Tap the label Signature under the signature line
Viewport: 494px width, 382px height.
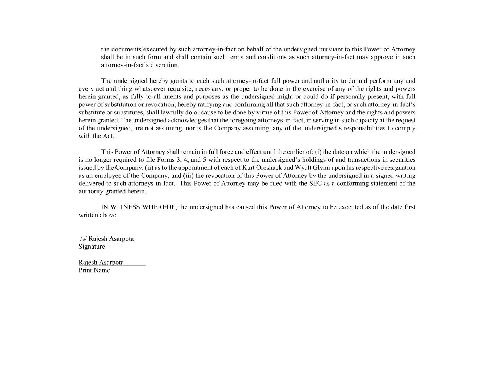pos(92,247)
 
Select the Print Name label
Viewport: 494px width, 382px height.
pos(94,270)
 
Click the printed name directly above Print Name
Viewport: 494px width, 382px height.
pos(101,262)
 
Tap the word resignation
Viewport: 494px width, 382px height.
pos(400,168)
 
